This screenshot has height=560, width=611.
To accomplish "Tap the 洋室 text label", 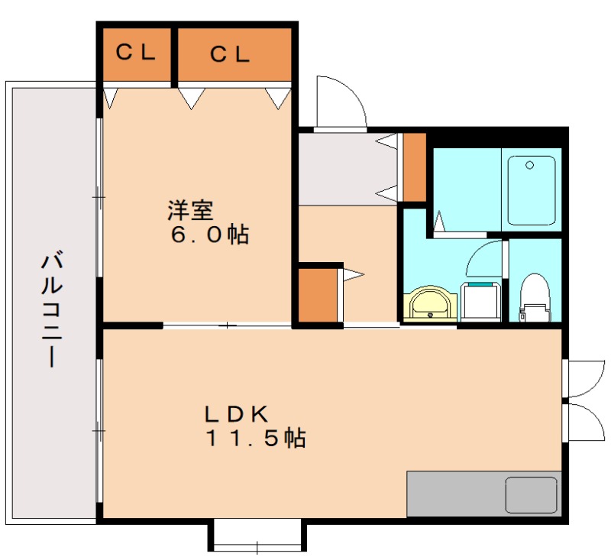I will tap(190, 209).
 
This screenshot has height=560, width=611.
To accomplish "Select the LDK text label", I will tap(235, 413).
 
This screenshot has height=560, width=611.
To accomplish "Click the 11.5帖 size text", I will tap(254, 439).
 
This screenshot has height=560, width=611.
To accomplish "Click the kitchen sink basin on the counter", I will tap(532, 495).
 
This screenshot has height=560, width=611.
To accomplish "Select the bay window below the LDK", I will tap(257, 536).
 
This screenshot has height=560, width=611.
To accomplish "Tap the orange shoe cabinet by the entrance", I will tap(414, 167).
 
